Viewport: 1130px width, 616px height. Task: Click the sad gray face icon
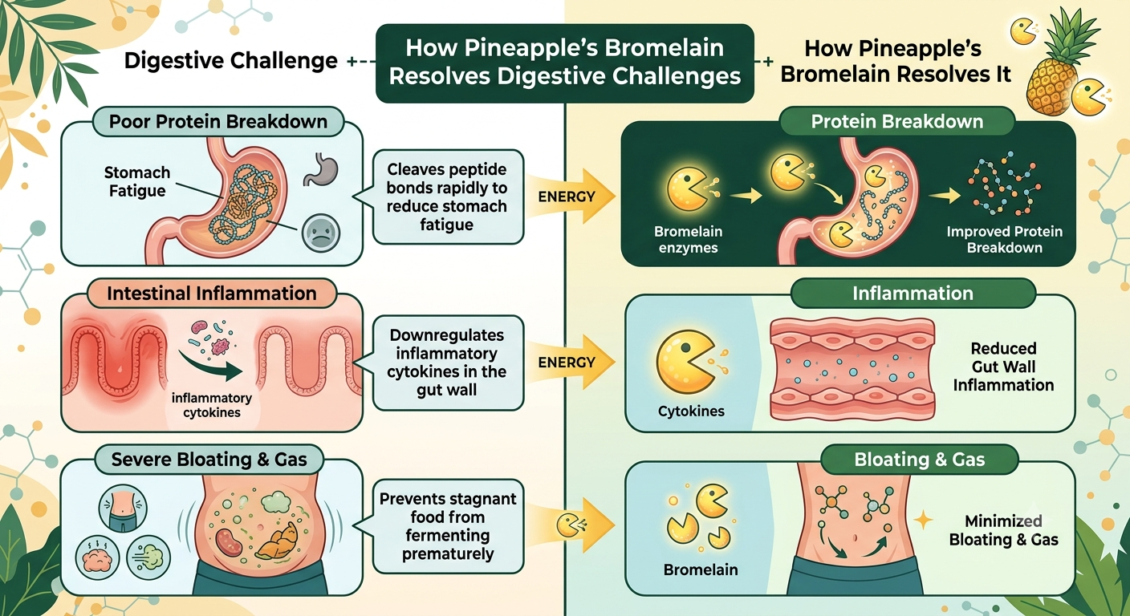(x=321, y=233)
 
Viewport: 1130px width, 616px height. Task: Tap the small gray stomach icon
(x=321, y=169)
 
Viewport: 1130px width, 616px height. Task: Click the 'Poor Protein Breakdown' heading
(x=218, y=121)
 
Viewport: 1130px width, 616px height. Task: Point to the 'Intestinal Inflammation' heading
(x=212, y=294)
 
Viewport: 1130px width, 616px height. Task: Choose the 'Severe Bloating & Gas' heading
(x=209, y=460)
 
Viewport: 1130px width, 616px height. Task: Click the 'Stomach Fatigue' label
(x=137, y=181)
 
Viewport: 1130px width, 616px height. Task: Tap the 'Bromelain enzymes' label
(x=688, y=240)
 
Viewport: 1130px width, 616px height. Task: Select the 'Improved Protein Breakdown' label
(x=1004, y=240)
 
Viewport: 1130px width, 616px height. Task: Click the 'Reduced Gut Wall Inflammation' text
(x=1003, y=367)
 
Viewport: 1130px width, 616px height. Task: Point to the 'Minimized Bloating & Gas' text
(x=1003, y=530)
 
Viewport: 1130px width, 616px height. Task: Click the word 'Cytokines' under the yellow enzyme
(x=691, y=411)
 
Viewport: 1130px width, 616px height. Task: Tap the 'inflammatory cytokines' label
(x=211, y=405)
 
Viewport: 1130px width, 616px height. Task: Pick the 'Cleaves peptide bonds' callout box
(x=448, y=197)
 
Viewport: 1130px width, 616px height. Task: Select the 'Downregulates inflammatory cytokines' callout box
(x=448, y=363)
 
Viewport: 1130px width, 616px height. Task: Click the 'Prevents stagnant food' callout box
(x=448, y=526)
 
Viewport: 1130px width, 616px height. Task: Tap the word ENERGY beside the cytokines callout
(x=567, y=363)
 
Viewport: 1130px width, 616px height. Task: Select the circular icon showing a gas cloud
(x=148, y=557)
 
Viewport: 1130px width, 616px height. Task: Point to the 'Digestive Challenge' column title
(x=230, y=61)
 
